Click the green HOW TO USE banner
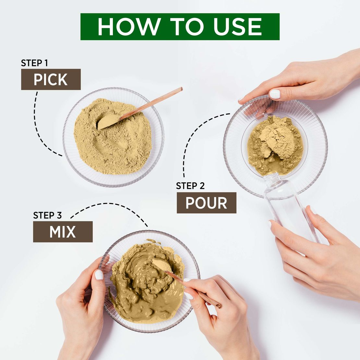(180, 27)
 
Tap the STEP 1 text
(34, 63)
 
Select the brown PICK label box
(51, 79)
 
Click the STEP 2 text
(190, 186)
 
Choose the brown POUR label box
(206, 203)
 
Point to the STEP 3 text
(47, 215)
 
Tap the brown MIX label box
(63, 232)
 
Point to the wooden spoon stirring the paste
(191, 287)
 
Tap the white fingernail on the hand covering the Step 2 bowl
(275, 94)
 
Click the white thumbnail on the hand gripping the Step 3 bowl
(99, 275)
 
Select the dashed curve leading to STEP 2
(191, 139)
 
